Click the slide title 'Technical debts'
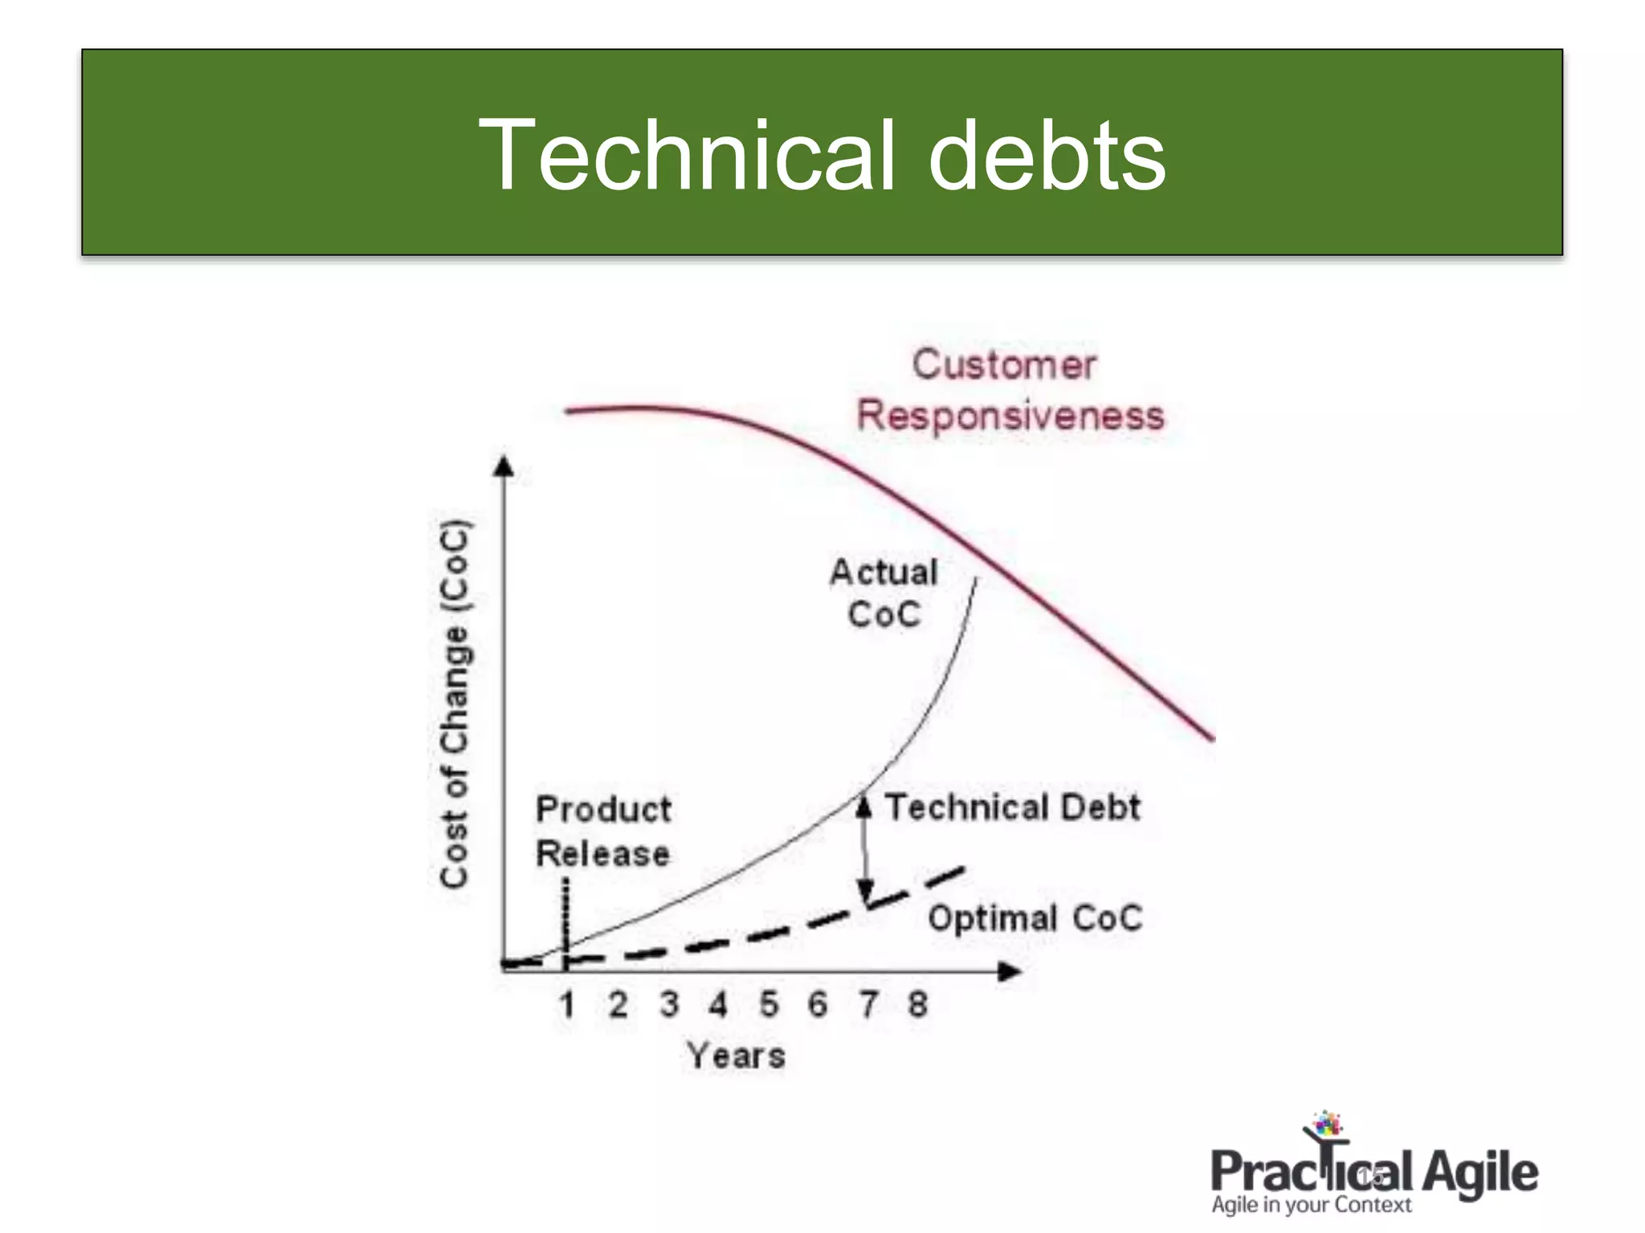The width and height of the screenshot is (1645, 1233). coord(822,154)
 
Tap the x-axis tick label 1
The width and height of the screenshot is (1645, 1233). coord(567,1004)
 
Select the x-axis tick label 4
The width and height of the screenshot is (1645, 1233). coord(718,1004)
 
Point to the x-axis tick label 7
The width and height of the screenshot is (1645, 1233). coord(868,1004)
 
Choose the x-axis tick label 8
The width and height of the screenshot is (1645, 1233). coord(918,1004)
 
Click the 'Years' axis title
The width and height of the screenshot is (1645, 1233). coord(736,1056)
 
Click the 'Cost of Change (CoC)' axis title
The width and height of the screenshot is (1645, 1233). coord(455,705)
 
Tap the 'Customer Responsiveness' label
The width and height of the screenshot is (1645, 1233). coord(1009,391)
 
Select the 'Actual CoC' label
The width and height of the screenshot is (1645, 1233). coord(884,593)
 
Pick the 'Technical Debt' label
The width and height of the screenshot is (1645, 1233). coord(1012,808)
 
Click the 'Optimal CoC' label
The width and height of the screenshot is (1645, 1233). coord(1035,918)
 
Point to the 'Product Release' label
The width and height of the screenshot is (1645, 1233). coord(603,831)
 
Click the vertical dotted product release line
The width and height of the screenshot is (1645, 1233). coord(566,915)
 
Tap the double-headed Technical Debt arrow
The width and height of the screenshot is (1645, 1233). coord(865,851)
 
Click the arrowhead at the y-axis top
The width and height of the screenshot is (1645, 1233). coord(504,466)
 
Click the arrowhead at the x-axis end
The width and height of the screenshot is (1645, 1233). coord(1010,971)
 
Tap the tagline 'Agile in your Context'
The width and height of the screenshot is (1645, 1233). coord(1311,1205)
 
